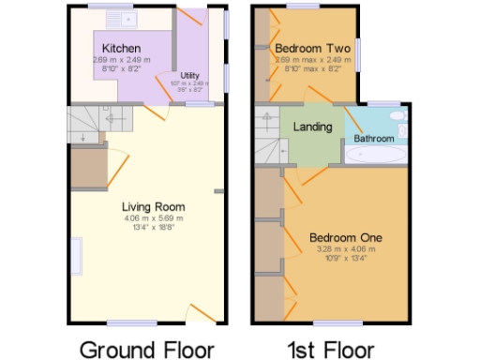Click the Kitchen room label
pos(122,48)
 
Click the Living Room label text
pos(154,206)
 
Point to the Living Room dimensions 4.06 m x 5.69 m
pos(154,218)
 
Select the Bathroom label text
pos(373,138)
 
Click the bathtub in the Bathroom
pos(377,155)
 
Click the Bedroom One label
pos(346,237)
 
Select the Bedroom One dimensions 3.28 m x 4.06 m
pos(346,249)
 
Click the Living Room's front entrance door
pos(202,313)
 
